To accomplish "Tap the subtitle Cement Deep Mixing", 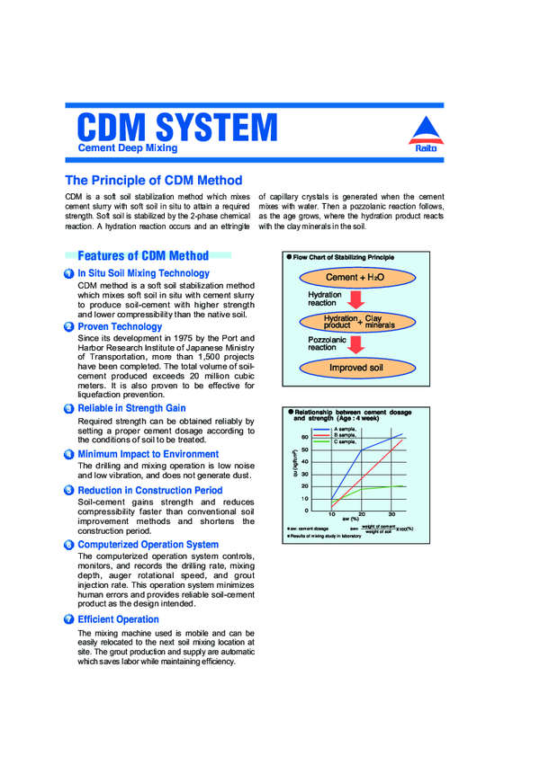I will point(127,147).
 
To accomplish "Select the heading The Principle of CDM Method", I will point(153,180).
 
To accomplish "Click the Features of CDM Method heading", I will point(143,255).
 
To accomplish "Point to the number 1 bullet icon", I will point(69,273).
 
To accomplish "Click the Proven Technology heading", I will point(120,326).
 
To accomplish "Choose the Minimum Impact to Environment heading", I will point(148,454).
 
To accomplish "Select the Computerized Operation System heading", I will point(148,544).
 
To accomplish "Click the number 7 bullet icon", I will point(69,619).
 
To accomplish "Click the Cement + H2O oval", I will point(355,278).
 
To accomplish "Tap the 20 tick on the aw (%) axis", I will point(361,514).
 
